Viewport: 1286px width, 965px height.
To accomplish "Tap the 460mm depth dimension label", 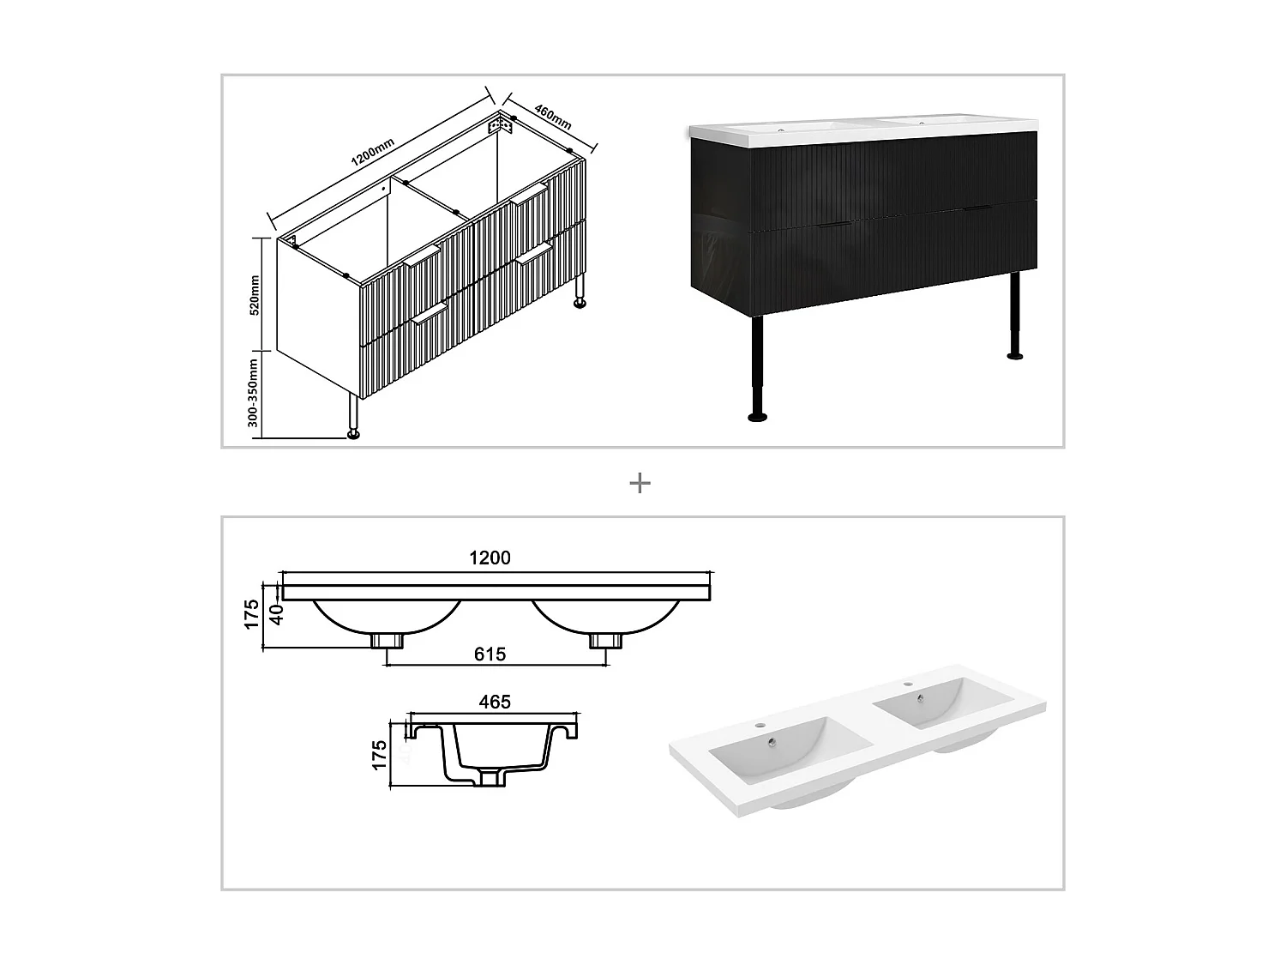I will tap(553, 117).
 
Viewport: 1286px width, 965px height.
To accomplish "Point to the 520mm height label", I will tap(254, 295).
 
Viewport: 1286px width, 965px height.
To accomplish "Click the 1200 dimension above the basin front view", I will tap(490, 558).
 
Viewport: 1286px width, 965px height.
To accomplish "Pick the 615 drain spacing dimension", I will tap(490, 654).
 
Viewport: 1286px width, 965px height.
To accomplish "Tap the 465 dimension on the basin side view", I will tap(495, 702).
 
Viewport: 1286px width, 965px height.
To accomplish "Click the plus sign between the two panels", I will tap(640, 484).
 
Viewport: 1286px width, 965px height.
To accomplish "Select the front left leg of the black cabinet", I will tap(757, 369).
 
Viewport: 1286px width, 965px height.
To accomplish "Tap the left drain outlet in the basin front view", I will tap(387, 641).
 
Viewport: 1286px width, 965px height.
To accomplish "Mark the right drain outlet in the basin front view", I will tap(604, 641).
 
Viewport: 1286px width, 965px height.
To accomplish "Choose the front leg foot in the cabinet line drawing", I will tap(352, 433).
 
